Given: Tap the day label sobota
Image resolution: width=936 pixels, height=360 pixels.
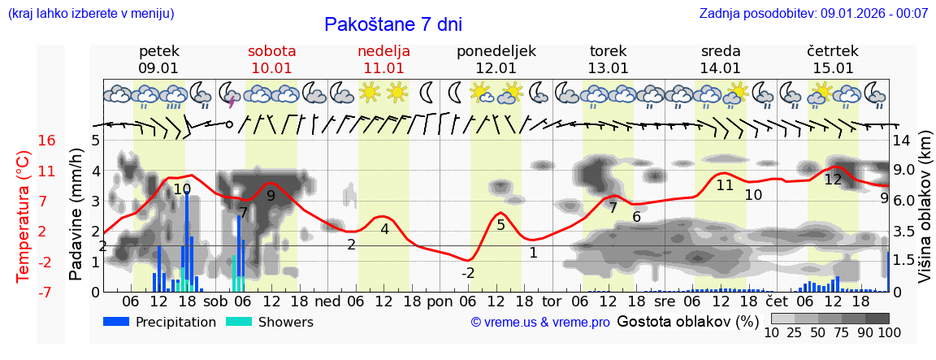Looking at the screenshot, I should pos(271,51).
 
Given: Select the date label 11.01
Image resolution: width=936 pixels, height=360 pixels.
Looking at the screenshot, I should pos(383,68).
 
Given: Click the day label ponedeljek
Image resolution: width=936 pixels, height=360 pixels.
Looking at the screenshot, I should pos(496,51).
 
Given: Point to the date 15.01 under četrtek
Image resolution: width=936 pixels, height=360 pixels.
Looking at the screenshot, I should pos(833,68).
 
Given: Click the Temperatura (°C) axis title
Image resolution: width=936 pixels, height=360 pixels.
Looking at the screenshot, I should pos(24,215).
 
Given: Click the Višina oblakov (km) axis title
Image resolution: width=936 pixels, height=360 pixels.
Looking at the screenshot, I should pos(925,215).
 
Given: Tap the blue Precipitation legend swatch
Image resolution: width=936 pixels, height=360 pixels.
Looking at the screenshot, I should pos(116,322).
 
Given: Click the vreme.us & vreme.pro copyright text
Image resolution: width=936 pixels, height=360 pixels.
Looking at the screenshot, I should pos(539,322).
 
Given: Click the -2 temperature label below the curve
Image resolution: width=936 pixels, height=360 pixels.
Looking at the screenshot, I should pos(468,273).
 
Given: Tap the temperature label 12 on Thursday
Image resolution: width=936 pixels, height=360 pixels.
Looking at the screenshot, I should pos(833,180).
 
